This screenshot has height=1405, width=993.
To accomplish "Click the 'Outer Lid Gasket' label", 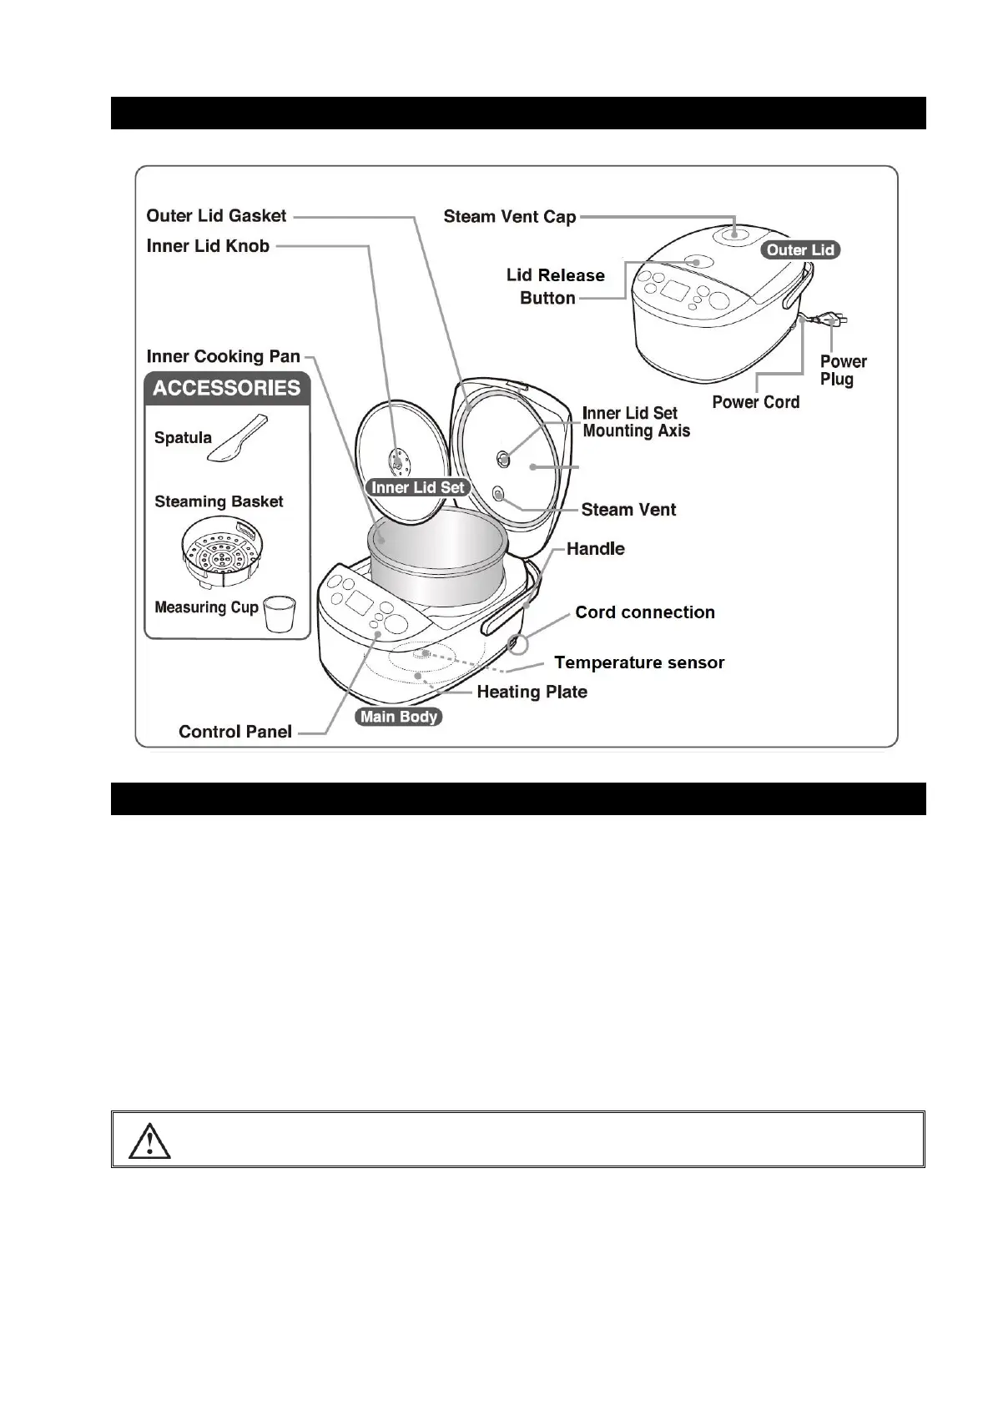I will pyautogui.click(x=216, y=216).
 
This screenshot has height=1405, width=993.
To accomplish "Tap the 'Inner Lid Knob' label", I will pyautogui.click(x=208, y=246).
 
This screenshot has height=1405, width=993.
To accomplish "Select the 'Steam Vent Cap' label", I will pyautogui.click(x=509, y=217).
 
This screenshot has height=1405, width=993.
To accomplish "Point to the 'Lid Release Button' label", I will pyautogui.click(x=555, y=286).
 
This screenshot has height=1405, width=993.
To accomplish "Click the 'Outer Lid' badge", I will pyautogui.click(x=799, y=250).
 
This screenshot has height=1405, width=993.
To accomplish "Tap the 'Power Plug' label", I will pyautogui.click(x=842, y=370).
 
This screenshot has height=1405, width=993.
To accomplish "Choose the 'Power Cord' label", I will pyautogui.click(x=755, y=402).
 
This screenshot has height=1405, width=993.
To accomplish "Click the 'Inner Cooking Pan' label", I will pyautogui.click(x=223, y=357).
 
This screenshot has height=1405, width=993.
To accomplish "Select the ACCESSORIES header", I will pyautogui.click(x=227, y=389).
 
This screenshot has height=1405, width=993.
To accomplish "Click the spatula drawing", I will pyautogui.click(x=239, y=438).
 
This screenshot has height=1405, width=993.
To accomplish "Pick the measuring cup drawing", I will pyautogui.click(x=280, y=614).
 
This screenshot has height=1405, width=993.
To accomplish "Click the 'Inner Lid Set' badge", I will pyautogui.click(x=418, y=487).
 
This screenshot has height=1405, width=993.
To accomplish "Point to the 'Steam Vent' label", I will pyautogui.click(x=628, y=510).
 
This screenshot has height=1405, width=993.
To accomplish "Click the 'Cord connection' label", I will pyautogui.click(x=644, y=612).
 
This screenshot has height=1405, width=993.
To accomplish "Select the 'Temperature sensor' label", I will pyautogui.click(x=639, y=662).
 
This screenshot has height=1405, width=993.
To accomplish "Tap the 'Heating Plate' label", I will pyautogui.click(x=532, y=692).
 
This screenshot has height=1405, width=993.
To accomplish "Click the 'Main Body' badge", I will pyautogui.click(x=398, y=717).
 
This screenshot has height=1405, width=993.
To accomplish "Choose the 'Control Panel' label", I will pyautogui.click(x=235, y=732).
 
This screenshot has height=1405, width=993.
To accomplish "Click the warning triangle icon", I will pyautogui.click(x=149, y=1140).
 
